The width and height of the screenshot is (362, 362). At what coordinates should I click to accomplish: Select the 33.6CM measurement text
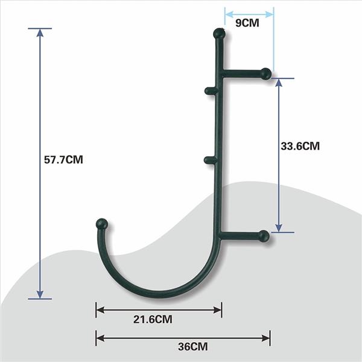[300, 145]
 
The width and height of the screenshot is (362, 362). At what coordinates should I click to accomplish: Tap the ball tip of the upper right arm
[265, 74]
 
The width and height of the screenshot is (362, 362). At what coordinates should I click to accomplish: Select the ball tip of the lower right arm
[264, 235]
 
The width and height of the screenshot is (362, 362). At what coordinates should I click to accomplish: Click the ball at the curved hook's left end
[102, 224]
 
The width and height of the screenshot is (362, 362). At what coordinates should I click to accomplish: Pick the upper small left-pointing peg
[209, 92]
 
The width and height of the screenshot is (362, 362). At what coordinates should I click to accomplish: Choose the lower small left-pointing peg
[209, 160]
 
